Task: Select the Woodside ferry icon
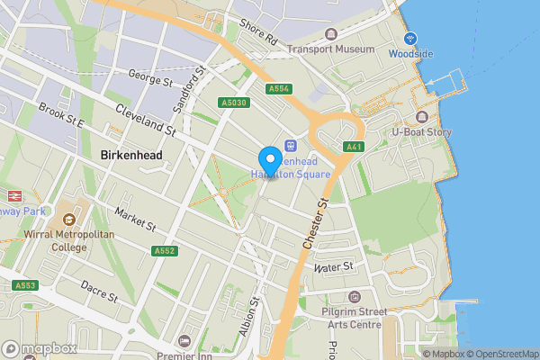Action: click(x=410, y=38)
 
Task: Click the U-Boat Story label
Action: click(x=421, y=132)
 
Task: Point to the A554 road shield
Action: click(x=278, y=89)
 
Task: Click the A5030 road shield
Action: click(x=232, y=103)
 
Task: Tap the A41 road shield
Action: click(x=354, y=147)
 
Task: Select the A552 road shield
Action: click(x=163, y=251)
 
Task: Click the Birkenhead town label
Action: click(x=131, y=156)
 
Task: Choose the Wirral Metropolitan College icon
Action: click(x=69, y=220)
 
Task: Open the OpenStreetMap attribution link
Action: click(x=502, y=354)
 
